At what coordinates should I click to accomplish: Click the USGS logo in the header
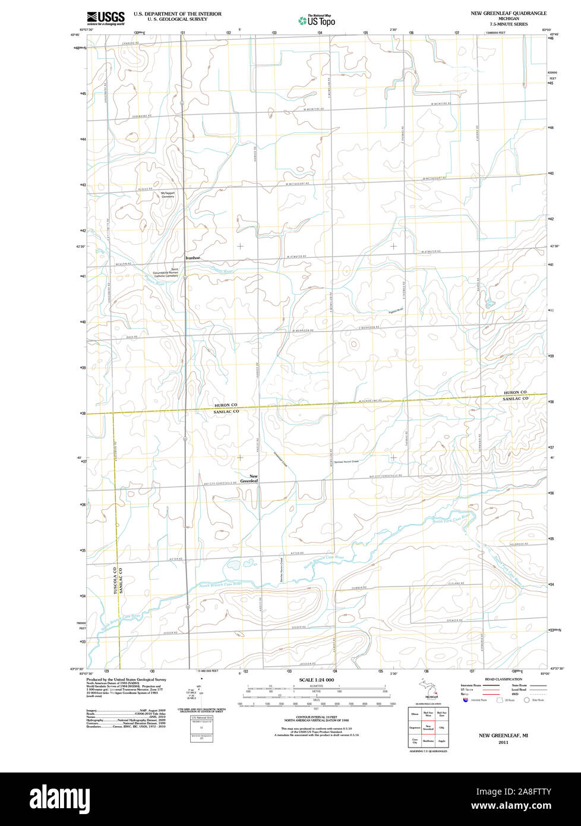(106, 18)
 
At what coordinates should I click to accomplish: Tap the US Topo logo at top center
(317, 20)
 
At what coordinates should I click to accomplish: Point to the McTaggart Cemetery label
(168, 195)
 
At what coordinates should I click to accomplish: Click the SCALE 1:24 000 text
(317, 680)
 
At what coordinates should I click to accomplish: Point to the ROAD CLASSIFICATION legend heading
(503, 679)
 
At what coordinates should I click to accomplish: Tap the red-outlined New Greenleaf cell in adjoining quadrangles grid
(428, 727)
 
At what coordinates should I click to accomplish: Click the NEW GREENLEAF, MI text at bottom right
(503, 736)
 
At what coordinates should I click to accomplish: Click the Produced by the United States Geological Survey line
(126, 679)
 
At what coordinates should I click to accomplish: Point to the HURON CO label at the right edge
(515, 393)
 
